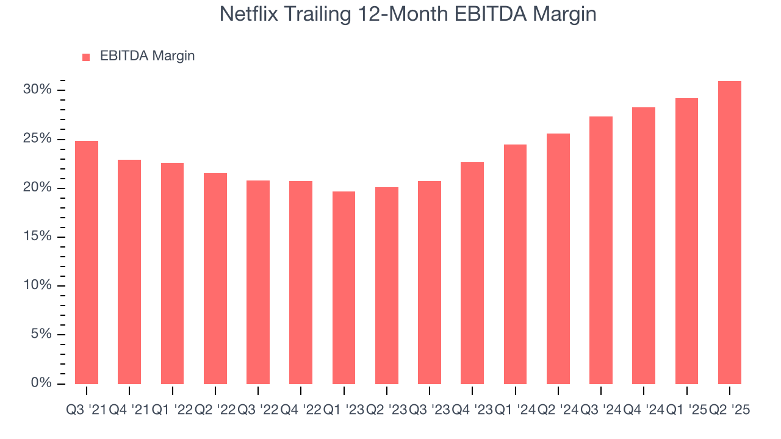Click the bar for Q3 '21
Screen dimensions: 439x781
[x=87, y=262]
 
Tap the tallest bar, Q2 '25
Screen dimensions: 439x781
[x=730, y=232]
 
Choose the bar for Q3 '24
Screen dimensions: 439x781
[x=601, y=250]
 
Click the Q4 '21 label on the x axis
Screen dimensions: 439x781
[x=129, y=410]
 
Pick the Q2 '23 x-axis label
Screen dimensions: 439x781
[x=386, y=410]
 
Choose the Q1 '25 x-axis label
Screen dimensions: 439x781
[x=686, y=410]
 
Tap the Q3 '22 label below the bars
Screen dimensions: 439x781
[x=258, y=410]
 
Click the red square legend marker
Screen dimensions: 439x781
[x=86, y=57]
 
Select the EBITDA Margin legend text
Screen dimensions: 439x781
[x=147, y=56]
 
